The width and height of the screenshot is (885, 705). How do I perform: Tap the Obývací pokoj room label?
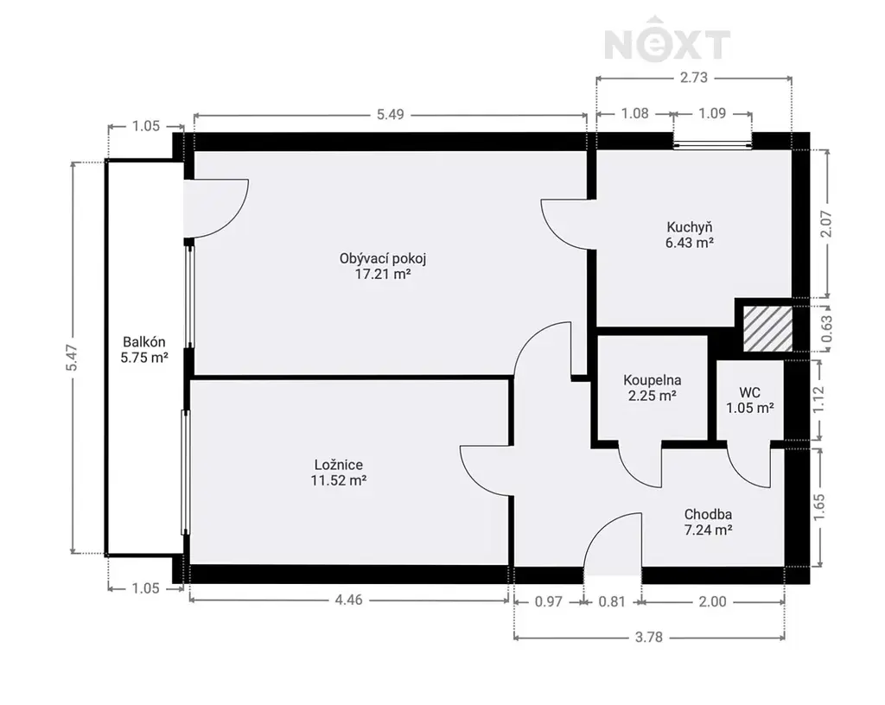point(383,259)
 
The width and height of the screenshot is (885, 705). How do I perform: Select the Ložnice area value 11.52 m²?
point(339,480)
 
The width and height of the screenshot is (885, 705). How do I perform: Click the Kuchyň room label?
point(689,227)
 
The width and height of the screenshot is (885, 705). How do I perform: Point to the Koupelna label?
point(652,380)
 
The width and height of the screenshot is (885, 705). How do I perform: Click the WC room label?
point(749,392)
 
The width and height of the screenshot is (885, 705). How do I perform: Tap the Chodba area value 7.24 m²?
point(709,530)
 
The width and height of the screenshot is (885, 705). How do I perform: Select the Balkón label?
point(144,342)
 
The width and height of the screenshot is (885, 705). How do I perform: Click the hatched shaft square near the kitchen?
point(767,329)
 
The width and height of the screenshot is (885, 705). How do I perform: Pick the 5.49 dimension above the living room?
point(390,115)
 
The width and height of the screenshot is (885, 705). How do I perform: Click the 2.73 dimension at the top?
point(694,77)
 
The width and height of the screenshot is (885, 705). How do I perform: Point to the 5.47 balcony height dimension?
point(73,358)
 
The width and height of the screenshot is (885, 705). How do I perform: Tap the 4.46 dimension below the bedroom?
point(349,600)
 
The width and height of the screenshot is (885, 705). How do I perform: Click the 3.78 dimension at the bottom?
point(649,638)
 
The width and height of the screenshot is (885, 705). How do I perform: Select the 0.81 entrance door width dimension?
point(612,602)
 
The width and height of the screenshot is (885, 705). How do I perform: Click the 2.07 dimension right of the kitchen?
point(826,224)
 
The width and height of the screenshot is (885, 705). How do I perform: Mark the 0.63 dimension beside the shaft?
point(827,329)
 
